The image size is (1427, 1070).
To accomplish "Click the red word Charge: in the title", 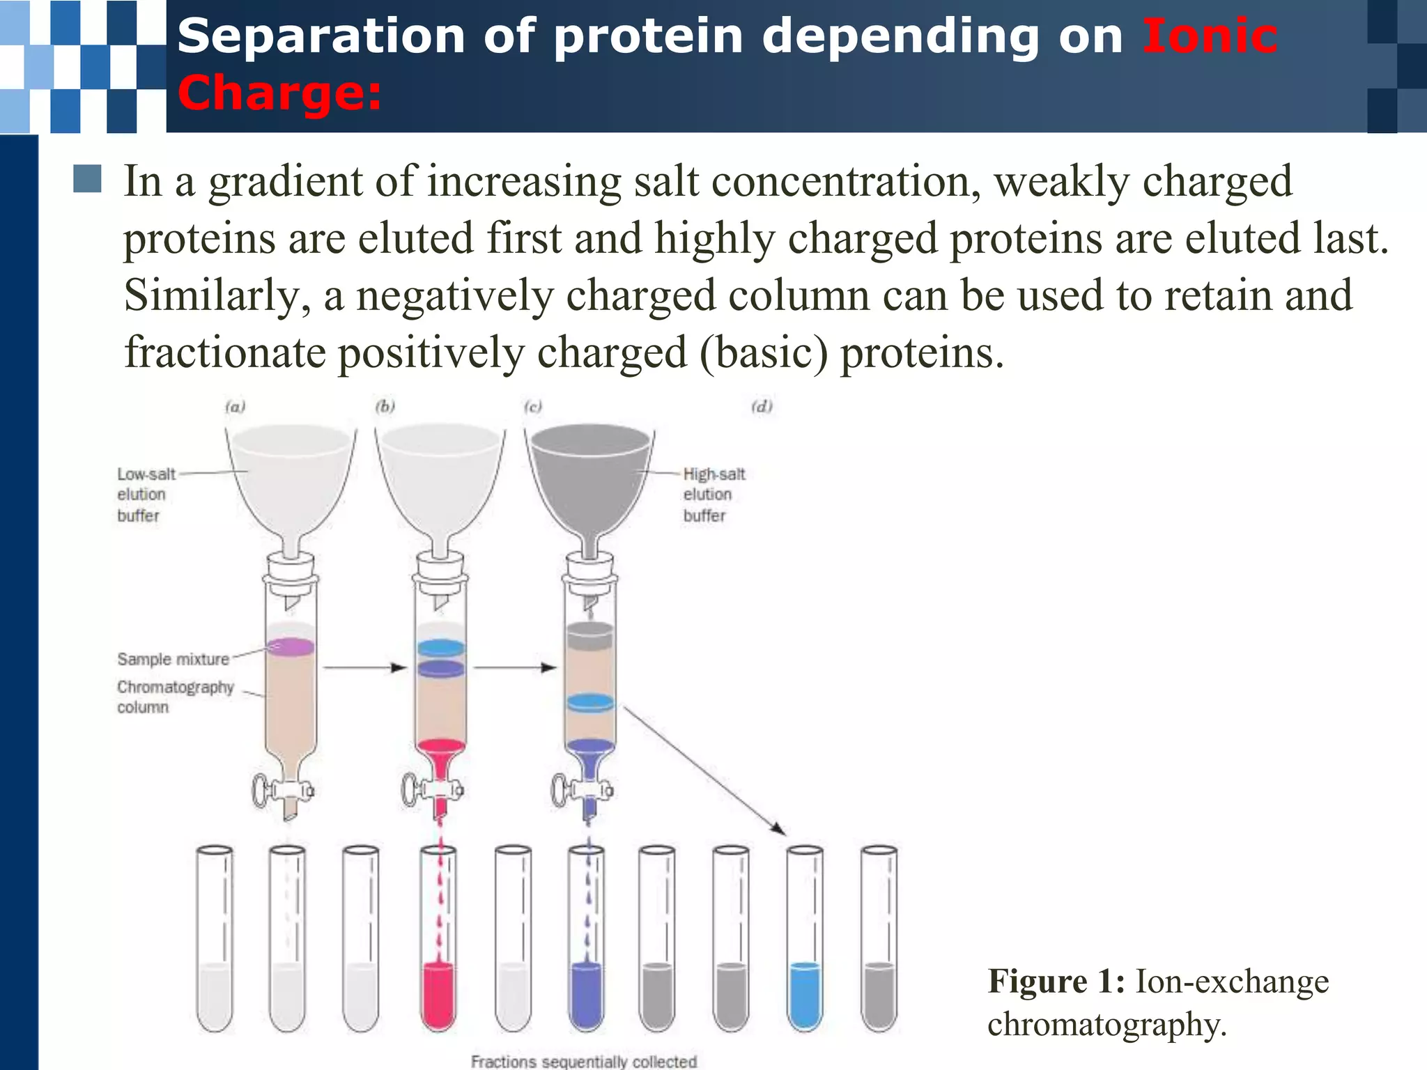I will tap(279, 93).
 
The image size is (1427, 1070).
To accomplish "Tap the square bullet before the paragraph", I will tap(87, 179).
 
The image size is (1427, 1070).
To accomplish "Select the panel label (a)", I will tap(236, 406).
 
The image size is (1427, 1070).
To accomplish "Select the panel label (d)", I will tap(762, 406).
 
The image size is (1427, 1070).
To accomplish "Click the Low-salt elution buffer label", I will tap(146, 495).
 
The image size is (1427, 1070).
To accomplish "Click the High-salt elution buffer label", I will tap(713, 495).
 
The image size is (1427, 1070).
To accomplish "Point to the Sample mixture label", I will tap(173, 659).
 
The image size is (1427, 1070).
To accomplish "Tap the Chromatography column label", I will tap(174, 697).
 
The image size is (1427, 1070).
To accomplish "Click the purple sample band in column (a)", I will tap(291, 647).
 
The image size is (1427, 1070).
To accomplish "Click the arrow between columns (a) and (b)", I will tap(364, 668).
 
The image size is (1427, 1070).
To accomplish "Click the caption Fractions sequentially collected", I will tap(583, 1061).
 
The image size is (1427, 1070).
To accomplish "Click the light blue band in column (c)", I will tap(589, 702).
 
